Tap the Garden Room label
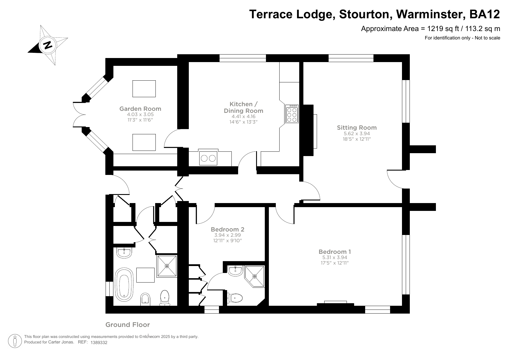[x=140, y=109]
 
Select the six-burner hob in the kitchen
[x=292, y=114]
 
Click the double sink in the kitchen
[x=208, y=158]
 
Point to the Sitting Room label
[x=357, y=128]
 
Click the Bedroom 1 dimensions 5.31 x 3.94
[x=335, y=257]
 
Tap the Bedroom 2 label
[x=227, y=229]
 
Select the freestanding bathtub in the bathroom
[x=124, y=285]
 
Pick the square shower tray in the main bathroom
[x=167, y=266]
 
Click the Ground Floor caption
[x=128, y=325]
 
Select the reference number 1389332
[x=99, y=342]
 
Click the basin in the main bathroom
[x=125, y=252]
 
